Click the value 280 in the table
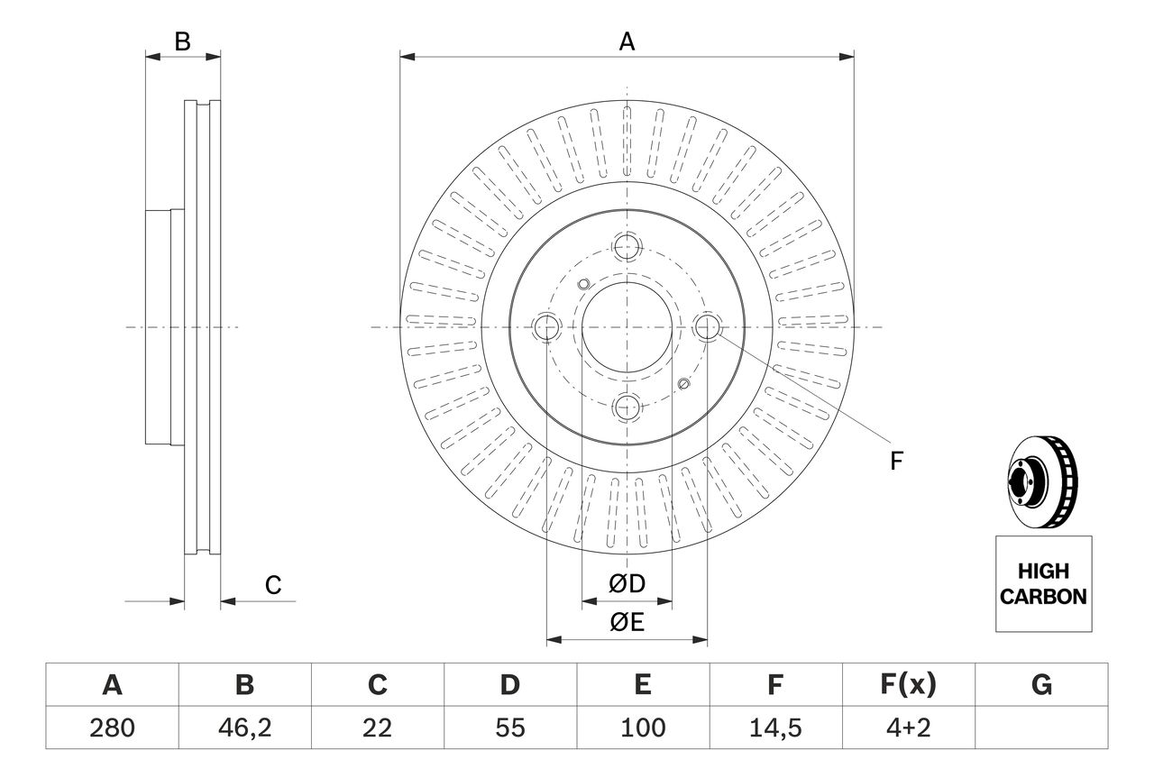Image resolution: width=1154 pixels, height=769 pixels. pos(112,728)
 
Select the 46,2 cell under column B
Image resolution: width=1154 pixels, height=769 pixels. pos(244,728)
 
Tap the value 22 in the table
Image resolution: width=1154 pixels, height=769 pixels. pos(377,728)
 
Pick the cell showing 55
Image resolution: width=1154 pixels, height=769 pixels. pos(509,728)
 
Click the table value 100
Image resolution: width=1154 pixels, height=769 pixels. pos(642,728)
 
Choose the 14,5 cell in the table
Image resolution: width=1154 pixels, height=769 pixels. pos(774,728)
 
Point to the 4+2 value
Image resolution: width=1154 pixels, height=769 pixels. pos(907,728)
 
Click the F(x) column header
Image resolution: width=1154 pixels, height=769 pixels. pos(907,686)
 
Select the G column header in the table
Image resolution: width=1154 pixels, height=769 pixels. pos(1041,686)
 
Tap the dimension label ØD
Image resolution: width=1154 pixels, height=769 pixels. pos(627,584)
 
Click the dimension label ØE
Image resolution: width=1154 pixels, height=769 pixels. pos(627,623)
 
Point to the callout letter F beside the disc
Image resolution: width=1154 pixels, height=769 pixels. pos(895,462)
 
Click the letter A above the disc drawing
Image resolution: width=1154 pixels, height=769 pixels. pos(627,41)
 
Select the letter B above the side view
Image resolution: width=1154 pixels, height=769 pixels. pos(183,41)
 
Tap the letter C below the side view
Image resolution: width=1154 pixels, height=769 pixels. pos(273,585)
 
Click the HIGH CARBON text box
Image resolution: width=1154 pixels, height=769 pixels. pos(1043,583)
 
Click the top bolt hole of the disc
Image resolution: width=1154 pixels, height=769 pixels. pos(627,246)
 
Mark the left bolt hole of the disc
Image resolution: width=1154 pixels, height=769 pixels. pos(546,327)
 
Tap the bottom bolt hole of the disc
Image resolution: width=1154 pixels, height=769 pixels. pos(627,407)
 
